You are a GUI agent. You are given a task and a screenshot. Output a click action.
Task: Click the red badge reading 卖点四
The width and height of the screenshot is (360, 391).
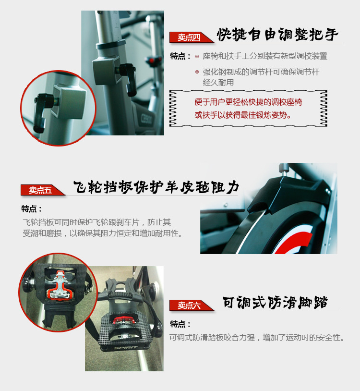(189, 37)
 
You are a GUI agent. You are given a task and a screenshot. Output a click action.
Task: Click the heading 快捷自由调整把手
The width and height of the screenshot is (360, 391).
(277, 35)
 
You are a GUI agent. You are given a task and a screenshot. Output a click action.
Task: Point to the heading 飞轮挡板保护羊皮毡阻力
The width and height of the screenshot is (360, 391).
(156, 187)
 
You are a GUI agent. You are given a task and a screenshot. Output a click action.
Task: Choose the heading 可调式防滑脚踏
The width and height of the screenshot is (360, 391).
(275, 303)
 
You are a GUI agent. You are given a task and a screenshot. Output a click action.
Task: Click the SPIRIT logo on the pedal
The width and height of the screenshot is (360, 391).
(126, 347)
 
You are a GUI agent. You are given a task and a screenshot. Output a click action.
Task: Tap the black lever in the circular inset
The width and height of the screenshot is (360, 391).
(41, 112)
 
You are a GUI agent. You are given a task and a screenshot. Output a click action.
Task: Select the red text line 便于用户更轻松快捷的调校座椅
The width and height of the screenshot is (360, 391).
(248, 102)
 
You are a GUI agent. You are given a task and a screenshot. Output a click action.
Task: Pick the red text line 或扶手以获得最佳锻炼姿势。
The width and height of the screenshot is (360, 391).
(243, 115)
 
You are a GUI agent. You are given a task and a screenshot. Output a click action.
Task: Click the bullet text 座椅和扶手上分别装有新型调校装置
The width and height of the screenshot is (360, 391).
(265, 56)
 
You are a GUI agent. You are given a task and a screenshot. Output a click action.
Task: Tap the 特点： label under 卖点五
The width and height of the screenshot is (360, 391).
(31, 209)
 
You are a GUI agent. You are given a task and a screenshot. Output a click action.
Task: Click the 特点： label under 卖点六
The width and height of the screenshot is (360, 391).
(180, 324)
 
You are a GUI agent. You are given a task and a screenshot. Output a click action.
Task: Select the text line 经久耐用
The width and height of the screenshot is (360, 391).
(218, 82)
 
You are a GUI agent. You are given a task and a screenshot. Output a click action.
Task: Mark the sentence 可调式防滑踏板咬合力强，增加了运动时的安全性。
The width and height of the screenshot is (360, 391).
(257, 337)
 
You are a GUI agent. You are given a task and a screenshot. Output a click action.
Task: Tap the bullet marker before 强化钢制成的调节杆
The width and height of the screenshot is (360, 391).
(197, 72)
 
